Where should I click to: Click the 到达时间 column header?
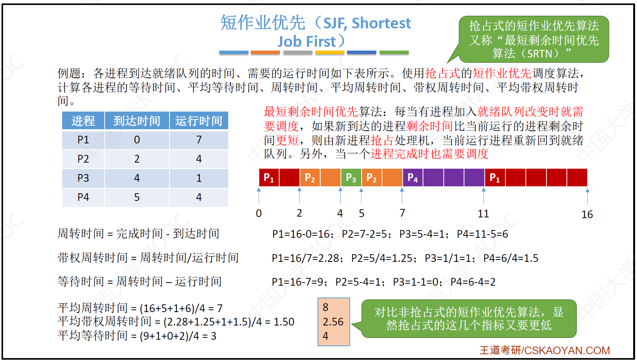[137, 121]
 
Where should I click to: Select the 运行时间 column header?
[199, 121]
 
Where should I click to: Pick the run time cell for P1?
[199, 140]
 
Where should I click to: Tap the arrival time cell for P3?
[137, 178]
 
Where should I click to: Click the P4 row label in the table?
[83, 197]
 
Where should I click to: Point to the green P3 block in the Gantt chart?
[351, 178]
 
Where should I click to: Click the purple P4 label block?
[413, 178]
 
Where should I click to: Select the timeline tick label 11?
[483, 214]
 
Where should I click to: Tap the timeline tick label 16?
[587, 214]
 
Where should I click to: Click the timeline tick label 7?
[402, 213]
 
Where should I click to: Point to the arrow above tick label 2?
[300, 196]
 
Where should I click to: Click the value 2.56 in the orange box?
[333, 322]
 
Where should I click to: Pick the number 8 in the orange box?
[326, 307]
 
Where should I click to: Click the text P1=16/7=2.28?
[305, 258]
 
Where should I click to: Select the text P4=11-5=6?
[482, 234]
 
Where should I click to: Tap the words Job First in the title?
[306, 41]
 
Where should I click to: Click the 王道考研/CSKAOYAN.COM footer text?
[545, 350]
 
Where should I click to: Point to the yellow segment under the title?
[330, 52]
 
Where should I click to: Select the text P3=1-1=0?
[415, 282]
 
